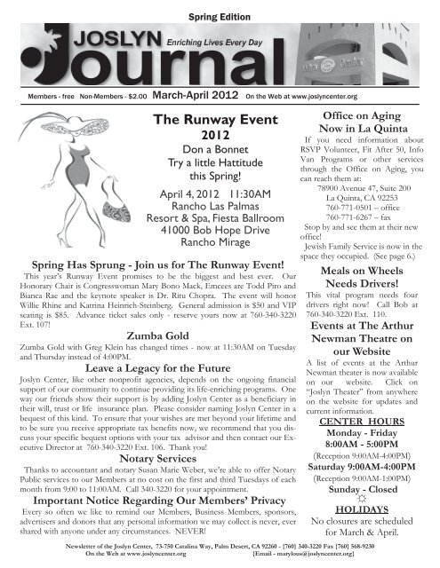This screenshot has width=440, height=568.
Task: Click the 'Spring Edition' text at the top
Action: click(220, 19)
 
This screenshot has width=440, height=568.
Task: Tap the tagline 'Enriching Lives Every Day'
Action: click(218, 41)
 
